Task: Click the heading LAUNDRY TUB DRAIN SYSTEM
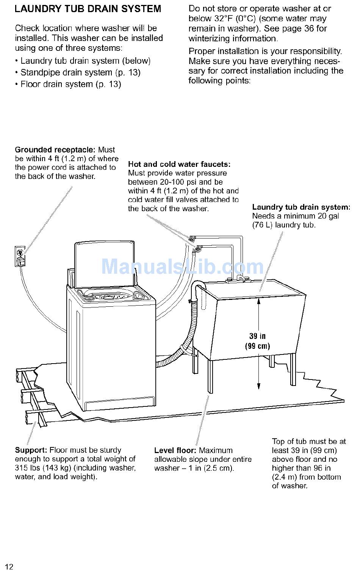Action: [x=88, y=9]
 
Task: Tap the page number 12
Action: [x=9, y=567]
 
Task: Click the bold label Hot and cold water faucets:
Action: [x=179, y=164]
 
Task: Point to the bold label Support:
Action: [x=31, y=450]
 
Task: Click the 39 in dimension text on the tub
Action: [x=257, y=336]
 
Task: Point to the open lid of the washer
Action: [x=104, y=263]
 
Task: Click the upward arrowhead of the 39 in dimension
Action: [x=259, y=301]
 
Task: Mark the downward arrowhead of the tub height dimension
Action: [x=259, y=386]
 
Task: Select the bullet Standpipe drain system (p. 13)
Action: [x=80, y=72]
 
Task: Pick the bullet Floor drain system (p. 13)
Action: [x=70, y=84]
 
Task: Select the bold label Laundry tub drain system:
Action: [x=301, y=207]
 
